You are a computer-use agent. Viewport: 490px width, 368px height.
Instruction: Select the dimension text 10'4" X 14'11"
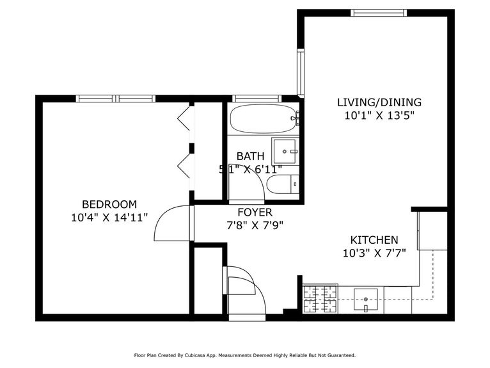[109, 218]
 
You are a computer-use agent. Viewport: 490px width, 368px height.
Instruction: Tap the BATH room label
[249, 156]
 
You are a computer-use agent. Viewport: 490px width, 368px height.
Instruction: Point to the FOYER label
[255, 212]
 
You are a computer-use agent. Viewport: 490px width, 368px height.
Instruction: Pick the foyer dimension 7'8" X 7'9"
[255, 225]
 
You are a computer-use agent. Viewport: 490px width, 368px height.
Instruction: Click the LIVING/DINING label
[379, 102]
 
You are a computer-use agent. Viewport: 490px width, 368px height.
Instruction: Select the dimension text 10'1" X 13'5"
[379, 116]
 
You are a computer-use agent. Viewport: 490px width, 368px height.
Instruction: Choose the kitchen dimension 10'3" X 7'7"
[374, 253]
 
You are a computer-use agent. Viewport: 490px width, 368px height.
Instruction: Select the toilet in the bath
[281, 185]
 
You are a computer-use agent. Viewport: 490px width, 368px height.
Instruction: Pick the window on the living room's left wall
[301, 72]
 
